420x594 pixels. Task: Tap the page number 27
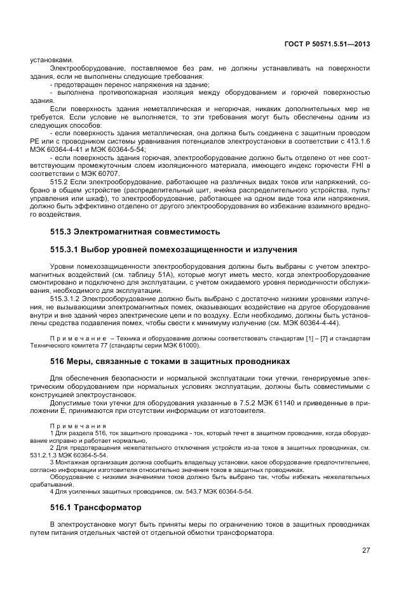[x=366, y=550]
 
